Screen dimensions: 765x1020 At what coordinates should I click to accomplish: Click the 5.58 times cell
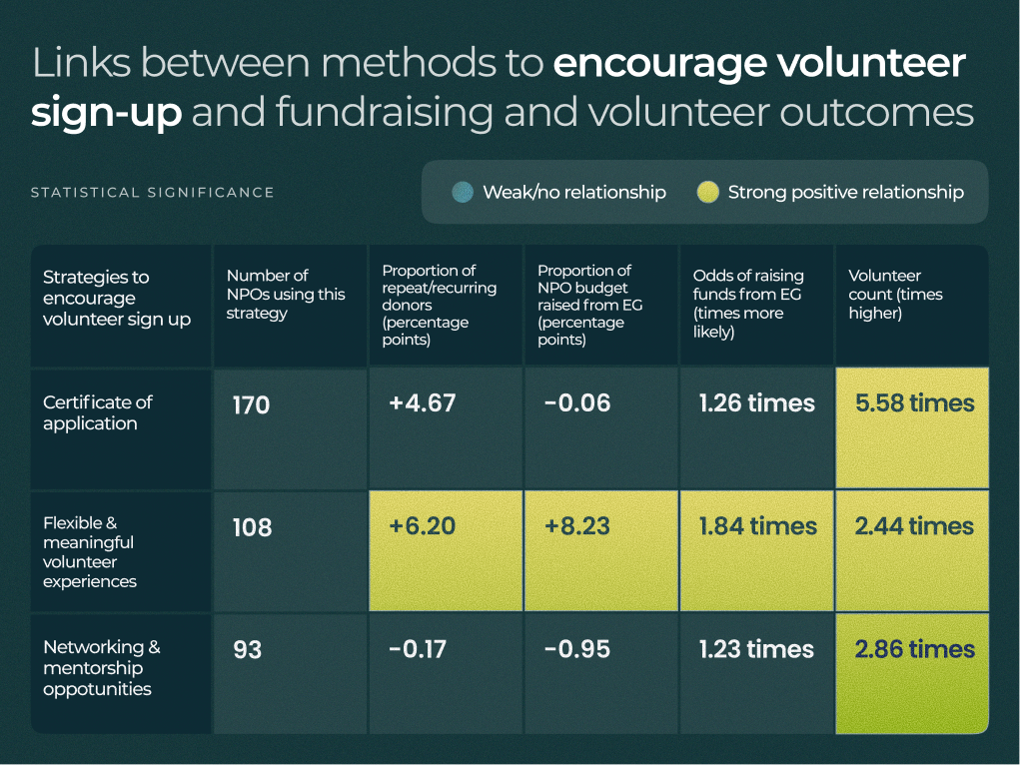coord(914,403)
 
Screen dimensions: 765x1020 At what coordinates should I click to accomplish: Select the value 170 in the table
coord(251,405)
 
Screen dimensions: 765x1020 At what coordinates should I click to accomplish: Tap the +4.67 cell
coord(422,403)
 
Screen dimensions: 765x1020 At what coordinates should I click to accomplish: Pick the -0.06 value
coord(577,403)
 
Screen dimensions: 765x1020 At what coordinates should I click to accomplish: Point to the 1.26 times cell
coord(756,403)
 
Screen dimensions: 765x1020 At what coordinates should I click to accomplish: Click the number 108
coord(252,527)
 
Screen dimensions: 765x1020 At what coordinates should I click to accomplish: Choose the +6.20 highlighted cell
coord(422,526)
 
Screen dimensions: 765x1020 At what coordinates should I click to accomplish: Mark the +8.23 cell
coord(577,526)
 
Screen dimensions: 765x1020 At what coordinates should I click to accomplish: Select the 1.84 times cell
coord(756,526)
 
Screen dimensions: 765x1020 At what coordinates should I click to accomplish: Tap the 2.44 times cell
coord(914,526)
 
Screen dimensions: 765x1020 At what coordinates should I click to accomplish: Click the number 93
coord(247,650)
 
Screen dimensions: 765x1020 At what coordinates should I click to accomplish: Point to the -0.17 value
coord(418,649)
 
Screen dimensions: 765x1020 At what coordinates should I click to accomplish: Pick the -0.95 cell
coord(577,649)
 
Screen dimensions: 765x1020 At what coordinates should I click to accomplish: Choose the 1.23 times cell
coord(756,649)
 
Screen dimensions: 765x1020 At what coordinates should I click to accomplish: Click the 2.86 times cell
coord(914,649)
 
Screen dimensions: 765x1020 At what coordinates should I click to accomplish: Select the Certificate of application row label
coord(98,412)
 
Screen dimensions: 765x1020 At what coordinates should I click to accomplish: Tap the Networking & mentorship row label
coord(101,668)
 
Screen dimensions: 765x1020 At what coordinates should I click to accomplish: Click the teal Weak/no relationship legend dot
coord(462,193)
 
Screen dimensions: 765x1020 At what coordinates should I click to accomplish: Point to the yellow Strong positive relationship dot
coord(707,193)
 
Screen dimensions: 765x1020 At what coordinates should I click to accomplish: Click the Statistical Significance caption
coord(152,193)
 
